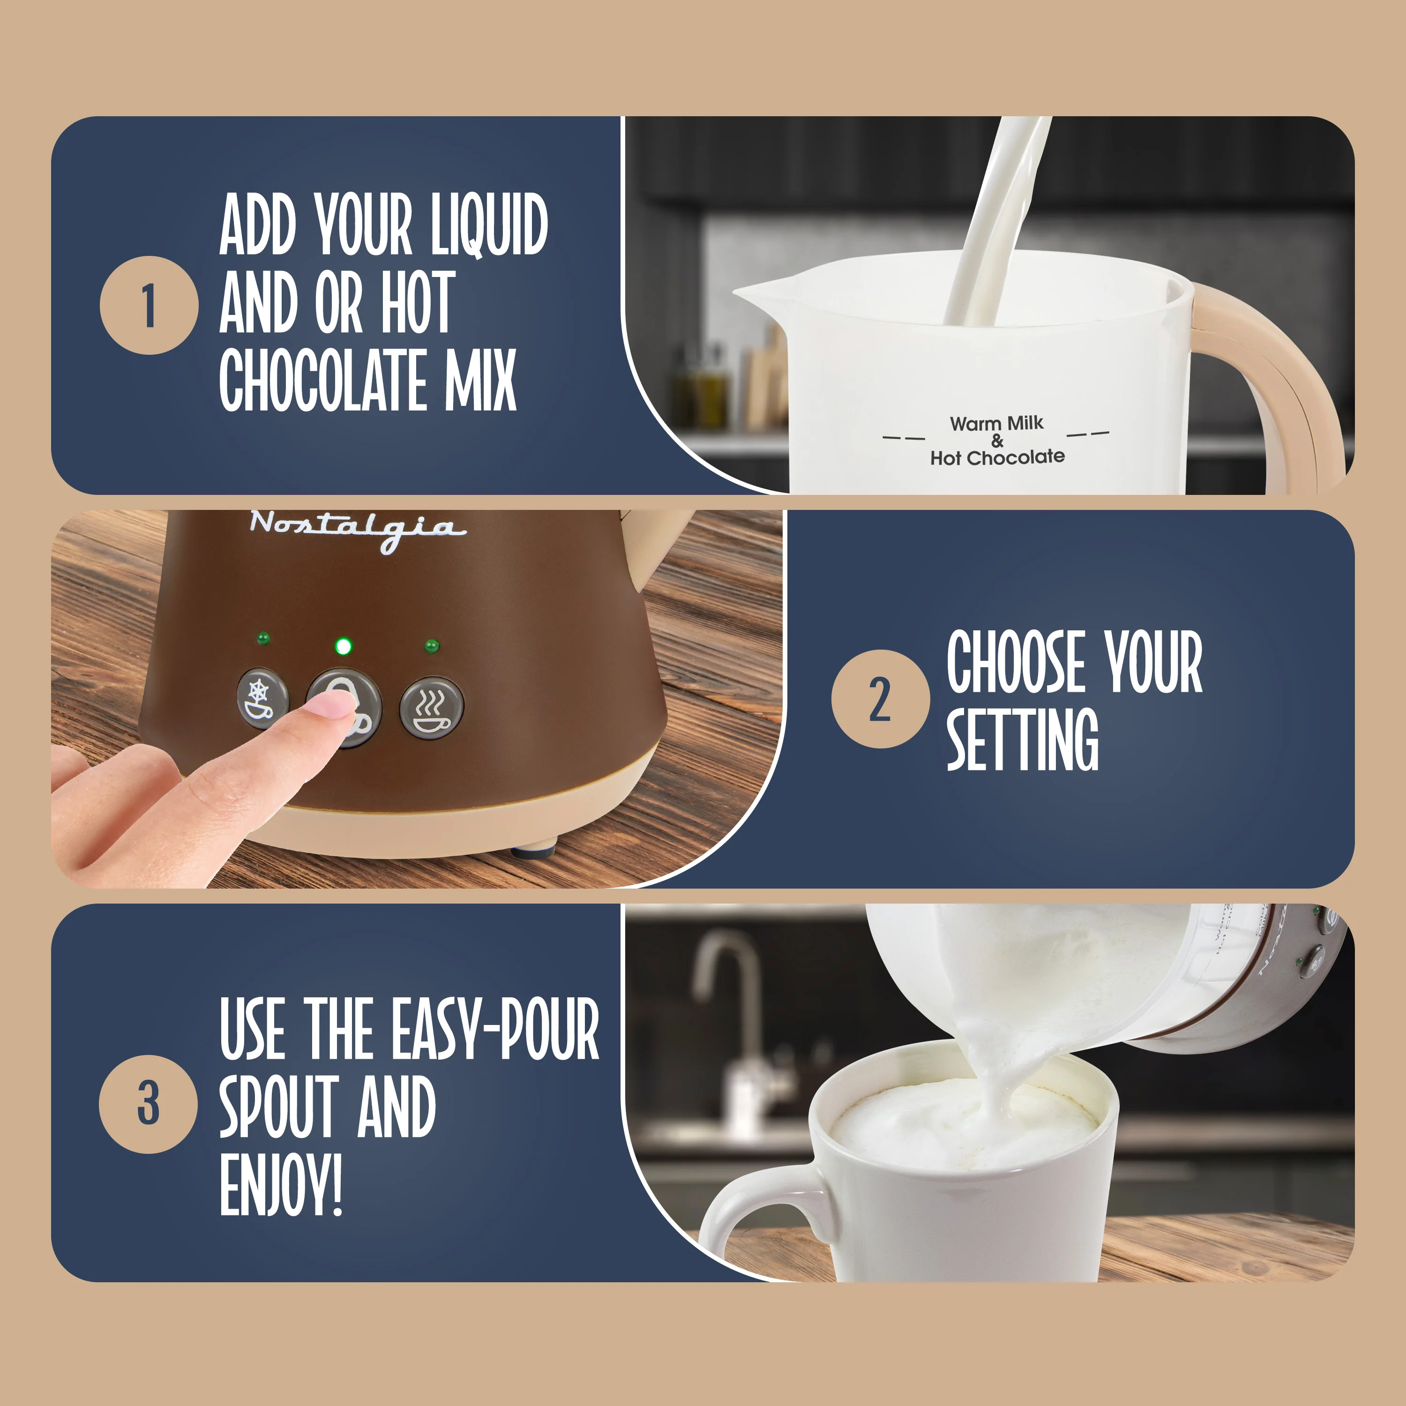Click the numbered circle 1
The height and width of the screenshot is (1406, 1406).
[149, 306]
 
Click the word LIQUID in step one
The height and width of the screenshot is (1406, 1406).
[488, 225]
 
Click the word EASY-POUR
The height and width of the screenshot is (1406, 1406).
[495, 1029]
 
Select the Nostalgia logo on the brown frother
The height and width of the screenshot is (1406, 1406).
[357, 528]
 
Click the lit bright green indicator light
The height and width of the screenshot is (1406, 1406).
[344, 645]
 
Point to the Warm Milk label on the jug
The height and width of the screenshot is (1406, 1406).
[996, 424]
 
